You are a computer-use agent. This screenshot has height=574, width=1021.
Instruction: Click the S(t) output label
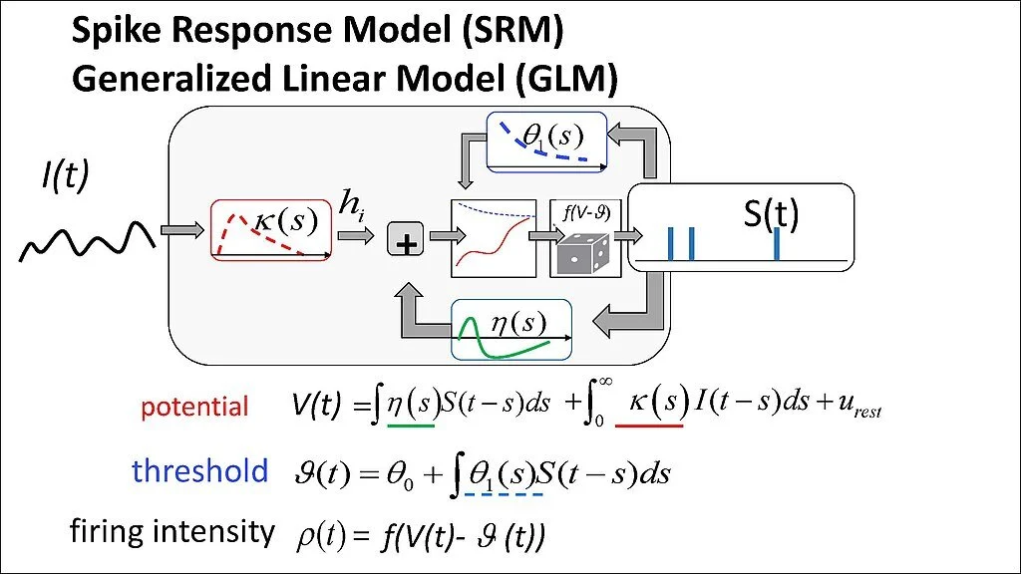pos(772,214)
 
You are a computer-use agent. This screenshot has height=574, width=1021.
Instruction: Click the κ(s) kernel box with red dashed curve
pos(270,230)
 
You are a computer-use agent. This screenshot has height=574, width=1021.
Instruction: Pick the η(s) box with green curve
pos(512,329)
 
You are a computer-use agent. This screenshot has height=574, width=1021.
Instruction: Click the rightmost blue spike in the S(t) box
pos(776,243)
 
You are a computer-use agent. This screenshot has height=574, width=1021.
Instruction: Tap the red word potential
pos(194,407)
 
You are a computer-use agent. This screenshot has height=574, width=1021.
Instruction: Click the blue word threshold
pos(199,470)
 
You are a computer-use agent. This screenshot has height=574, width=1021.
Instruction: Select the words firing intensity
pos(171,532)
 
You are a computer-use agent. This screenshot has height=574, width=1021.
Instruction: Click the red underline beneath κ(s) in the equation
pos(650,427)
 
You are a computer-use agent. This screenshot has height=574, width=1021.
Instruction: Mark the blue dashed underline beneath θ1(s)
pos(503,493)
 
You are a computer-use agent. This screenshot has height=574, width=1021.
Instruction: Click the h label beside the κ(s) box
pos(351,206)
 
